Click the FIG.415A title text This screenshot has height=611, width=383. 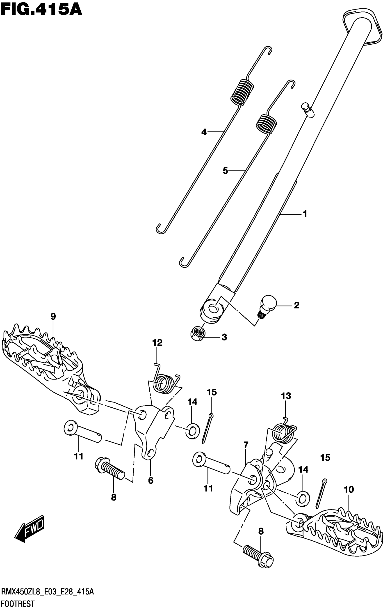coord(41,10)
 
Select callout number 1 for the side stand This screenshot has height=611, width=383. coord(305,214)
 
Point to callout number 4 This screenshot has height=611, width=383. coord(204,132)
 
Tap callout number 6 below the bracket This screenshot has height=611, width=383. coord(151,480)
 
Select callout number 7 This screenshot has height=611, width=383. coord(246,445)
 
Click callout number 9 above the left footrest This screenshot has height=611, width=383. coord(53,316)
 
